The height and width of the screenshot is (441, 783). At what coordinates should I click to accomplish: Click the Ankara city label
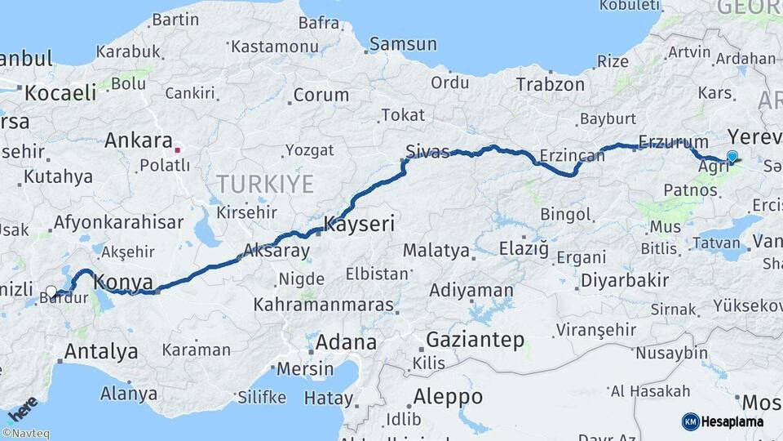click(x=138, y=140)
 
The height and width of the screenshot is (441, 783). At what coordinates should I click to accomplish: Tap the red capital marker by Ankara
click(x=177, y=150)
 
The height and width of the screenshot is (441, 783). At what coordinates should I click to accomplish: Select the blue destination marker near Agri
click(x=732, y=157)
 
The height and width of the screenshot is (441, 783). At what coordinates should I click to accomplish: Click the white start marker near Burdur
click(x=51, y=292)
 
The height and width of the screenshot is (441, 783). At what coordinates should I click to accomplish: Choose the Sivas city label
click(x=427, y=151)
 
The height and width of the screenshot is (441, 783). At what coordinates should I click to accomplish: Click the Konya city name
click(x=124, y=283)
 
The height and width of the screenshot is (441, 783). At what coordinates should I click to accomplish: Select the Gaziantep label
click(x=474, y=341)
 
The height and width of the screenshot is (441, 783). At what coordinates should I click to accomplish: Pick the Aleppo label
click(x=448, y=397)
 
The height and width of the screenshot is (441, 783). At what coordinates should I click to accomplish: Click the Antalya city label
click(x=100, y=352)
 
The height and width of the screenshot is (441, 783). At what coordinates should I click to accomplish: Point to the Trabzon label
click(x=551, y=84)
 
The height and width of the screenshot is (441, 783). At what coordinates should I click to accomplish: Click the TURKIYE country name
click(x=265, y=184)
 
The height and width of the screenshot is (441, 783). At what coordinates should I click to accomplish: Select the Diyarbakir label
click(x=625, y=281)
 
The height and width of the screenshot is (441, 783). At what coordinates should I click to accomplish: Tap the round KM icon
click(x=690, y=421)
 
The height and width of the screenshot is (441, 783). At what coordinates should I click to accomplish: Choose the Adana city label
click(x=346, y=342)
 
